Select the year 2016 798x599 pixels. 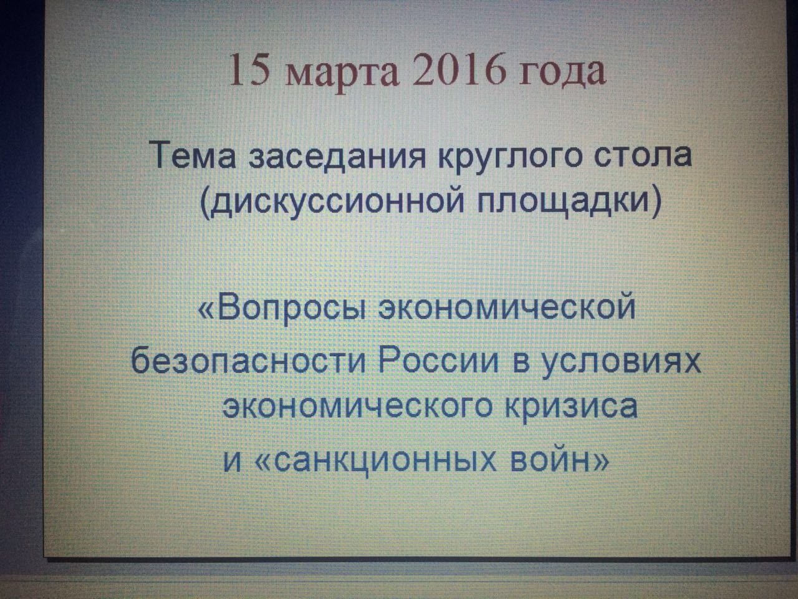click(459, 69)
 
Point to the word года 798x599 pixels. click(562, 71)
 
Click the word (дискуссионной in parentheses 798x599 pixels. click(332, 201)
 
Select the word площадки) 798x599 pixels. click(568, 201)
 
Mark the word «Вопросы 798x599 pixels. click(281, 308)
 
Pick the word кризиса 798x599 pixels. click(572, 407)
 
